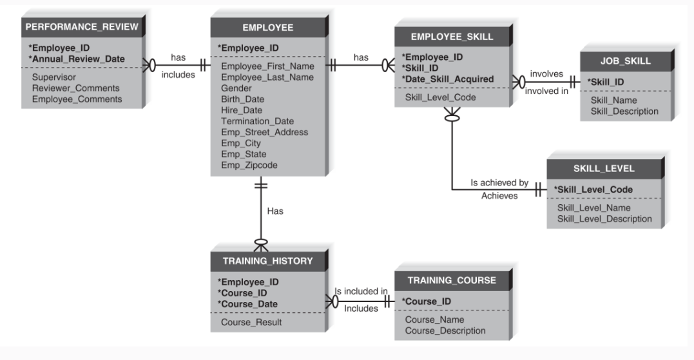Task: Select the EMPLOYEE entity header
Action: (267, 28)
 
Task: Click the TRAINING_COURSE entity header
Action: (452, 280)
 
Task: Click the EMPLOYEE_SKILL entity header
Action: (452, 37)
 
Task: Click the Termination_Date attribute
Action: (257, 121)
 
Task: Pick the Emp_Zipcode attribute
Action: (249, 165)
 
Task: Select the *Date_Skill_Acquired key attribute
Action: (448, 79)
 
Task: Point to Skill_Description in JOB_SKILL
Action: (624, 111)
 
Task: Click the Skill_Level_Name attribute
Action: (593, 207)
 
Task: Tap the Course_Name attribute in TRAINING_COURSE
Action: (434, 319)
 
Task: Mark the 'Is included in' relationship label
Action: (360, 290)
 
